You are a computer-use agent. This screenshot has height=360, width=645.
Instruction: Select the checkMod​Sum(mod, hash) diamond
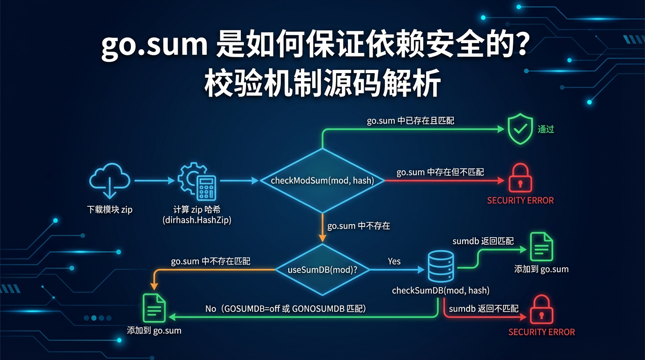pos(322,180)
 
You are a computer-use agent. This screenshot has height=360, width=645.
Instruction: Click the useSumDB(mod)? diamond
pos(322,270)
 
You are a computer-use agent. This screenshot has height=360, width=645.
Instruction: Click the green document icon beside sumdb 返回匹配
pos(541,247)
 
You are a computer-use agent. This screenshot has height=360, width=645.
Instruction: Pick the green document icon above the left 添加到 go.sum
pos(154,307)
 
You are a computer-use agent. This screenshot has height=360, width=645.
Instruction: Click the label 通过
pos(546,129)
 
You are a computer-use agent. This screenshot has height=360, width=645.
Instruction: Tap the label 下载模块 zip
pos(110,210)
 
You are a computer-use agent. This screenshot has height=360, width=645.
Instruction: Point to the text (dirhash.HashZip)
pos(197,220)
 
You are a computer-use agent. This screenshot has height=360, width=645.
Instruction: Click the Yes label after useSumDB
pos(394,261)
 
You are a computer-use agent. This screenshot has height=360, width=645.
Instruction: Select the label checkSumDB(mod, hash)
pos(441,291)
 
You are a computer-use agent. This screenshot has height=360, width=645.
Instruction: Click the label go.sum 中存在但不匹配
pos(440,172)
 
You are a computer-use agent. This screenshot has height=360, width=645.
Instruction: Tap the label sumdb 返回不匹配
pos(484,308)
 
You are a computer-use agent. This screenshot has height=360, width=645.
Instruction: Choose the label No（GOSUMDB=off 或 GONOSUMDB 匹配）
pos(285,308)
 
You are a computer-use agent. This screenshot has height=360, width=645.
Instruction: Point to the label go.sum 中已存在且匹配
pos(410,120)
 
